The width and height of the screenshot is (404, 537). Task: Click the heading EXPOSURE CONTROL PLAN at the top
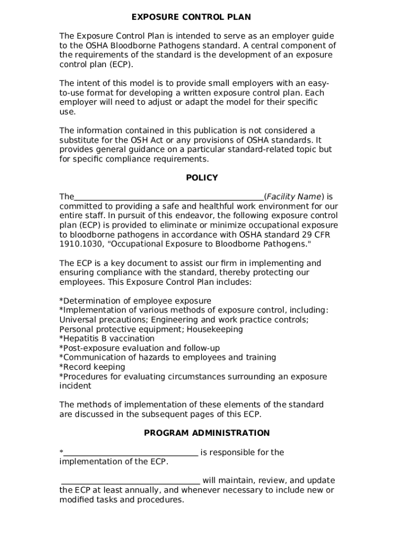191,17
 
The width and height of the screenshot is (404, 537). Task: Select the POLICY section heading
201,178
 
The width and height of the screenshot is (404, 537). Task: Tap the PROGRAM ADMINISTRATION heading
207,433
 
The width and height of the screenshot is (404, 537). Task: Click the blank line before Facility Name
169,197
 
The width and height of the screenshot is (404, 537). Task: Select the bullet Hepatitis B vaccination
107,339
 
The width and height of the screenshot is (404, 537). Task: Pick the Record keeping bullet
92,367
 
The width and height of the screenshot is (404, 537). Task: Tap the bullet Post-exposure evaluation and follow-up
140,348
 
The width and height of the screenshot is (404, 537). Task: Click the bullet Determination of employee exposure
135,301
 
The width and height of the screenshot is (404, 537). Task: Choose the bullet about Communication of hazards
167,358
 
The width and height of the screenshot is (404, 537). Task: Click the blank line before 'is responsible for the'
131,453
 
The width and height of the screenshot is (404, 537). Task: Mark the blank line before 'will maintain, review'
131,481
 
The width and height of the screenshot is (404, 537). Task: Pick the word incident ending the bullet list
75,386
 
